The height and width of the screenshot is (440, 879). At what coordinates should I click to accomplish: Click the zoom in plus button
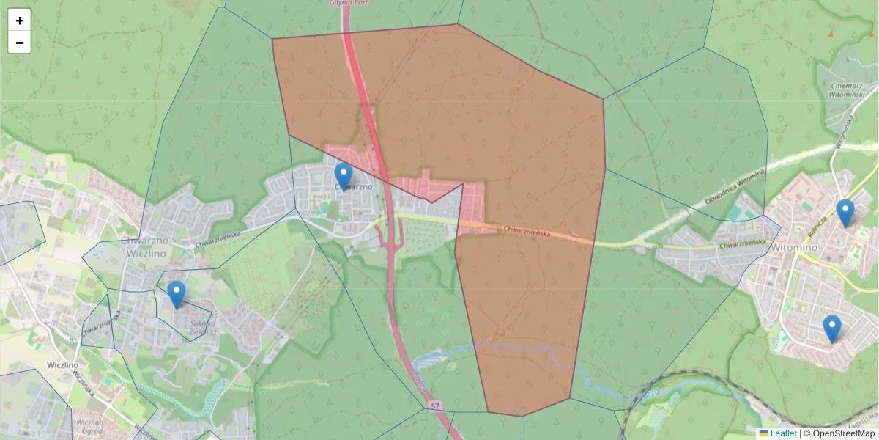click(x=20, y=21)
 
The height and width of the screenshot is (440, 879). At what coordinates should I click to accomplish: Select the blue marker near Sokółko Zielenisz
click(x=176, y=294)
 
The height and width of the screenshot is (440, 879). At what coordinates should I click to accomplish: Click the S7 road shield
click(x=436, y=405)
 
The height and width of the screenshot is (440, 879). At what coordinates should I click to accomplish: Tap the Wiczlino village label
click(x=61, y=364)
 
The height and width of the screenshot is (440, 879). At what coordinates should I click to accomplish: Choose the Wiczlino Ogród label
click(x=89, y=427)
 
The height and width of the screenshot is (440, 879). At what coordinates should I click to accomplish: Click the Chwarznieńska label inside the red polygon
click(x=527, y=232)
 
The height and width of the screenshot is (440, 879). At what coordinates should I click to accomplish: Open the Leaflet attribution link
click(x=782, y=433)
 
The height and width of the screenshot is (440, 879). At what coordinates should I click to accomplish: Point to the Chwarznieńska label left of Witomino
click(x=742, y=244)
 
